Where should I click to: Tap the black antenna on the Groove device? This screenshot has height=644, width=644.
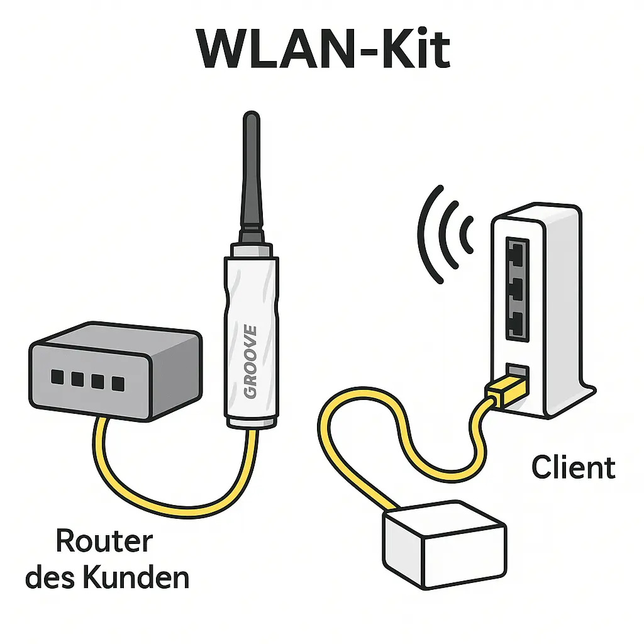(251, 176)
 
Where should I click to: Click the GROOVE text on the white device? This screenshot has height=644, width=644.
(250, 362)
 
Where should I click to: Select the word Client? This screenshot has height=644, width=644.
(573, 468)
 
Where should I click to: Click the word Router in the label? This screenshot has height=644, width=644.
(104, 541)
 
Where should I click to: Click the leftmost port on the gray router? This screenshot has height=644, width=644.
(57, 377)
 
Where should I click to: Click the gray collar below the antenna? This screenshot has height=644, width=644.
(251, 250)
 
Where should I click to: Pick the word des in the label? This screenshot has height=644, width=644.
(46, 577)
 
